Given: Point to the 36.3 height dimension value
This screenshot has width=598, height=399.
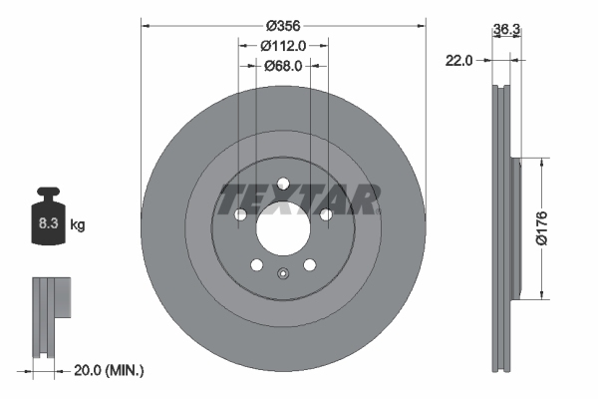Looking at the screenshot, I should [506, 30].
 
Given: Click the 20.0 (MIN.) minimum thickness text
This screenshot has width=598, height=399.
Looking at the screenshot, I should [111, 370].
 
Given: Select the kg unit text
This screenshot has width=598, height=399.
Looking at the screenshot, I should [77, 226].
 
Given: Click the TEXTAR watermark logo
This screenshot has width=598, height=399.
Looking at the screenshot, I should [298, 199].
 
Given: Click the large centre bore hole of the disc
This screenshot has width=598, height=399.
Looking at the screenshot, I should [282, 228].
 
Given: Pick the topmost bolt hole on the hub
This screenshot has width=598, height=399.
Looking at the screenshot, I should [282, 183].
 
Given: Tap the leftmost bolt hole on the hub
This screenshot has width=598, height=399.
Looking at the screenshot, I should [239, 213].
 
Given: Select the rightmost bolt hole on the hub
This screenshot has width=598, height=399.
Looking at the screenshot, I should [325, 213].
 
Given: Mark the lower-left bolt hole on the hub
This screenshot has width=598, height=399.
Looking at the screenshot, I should [256, 264].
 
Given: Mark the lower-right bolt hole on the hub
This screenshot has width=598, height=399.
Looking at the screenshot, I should [309, 264].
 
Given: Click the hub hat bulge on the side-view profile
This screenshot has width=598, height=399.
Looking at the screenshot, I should [516, 228].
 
